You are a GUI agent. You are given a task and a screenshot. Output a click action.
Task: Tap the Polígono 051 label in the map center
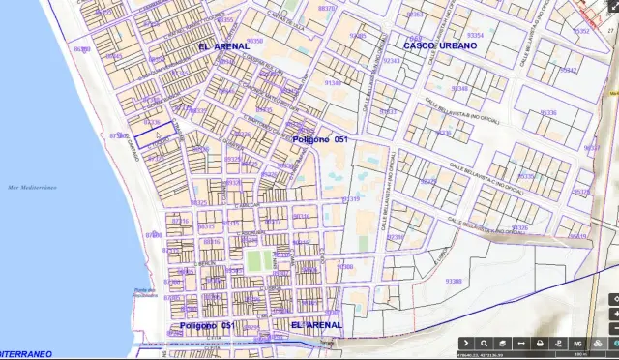tap(319, 140)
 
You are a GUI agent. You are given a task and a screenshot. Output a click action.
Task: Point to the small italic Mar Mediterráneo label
tap(28, 187)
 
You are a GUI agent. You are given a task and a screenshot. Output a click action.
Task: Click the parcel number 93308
tap(453, 281)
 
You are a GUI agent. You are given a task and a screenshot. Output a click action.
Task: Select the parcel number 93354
tap(475, 35)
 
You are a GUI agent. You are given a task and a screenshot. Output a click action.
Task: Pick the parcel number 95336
tap(548, 113)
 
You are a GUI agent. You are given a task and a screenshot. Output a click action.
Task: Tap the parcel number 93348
tap(459, 88)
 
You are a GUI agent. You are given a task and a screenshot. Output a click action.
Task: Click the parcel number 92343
tap(391, 60)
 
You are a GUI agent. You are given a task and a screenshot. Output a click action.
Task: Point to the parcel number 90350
tap(254, 41)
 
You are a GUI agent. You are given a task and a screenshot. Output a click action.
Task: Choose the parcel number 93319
tap(351, 199)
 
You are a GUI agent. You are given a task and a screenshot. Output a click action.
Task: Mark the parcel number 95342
tap(569, 70)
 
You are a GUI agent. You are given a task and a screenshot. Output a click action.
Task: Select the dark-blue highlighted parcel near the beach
tap(156, 135)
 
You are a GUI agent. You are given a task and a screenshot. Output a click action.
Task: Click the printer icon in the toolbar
tap(540, 343)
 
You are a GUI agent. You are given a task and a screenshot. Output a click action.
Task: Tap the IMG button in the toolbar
tap(577, 343)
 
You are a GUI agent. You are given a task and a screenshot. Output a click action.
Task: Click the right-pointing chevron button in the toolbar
tap(465, 343)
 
